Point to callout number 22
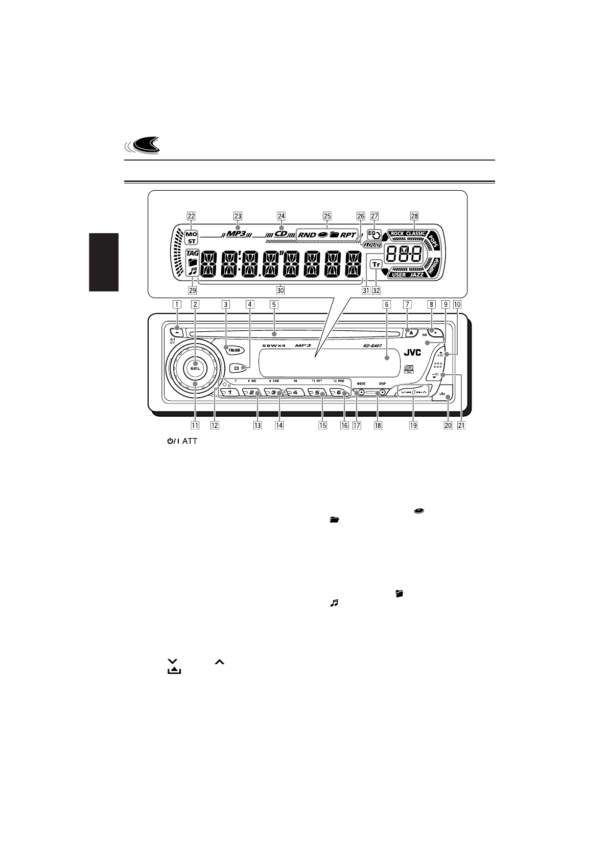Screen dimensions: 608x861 point(191,216)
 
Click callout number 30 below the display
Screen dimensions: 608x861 point(280,290)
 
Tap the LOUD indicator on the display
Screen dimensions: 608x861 point(372,245)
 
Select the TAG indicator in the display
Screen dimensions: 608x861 point(192,253)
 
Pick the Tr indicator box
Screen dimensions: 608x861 point(376,264)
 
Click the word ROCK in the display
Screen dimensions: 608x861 point(397,234)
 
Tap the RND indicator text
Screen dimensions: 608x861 point(307,235)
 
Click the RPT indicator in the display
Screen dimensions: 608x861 point(348,235)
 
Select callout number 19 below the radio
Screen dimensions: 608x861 point(413,425)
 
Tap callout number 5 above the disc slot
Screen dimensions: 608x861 point(274,304)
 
